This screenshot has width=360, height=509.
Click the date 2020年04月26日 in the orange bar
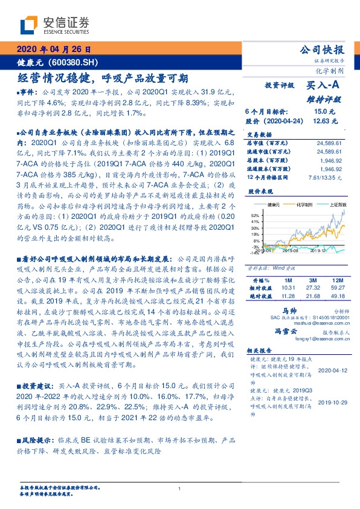tap(53, 50)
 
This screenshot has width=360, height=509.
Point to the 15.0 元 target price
tap(320, 112)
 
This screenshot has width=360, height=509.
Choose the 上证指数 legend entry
tap(336, 206)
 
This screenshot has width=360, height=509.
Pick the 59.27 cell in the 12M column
tap(338, 288)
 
